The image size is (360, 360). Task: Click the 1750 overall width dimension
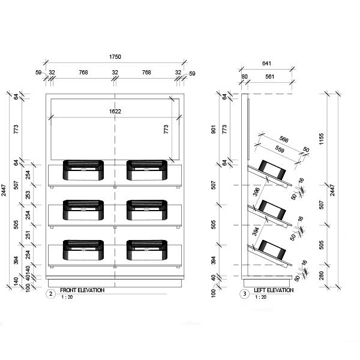(115, 57)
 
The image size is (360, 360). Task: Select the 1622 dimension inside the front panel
(115, 112)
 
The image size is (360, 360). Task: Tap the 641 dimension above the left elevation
(266, 64)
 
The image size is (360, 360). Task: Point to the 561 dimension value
(270, 76)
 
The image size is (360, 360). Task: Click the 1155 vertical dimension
(322, 139)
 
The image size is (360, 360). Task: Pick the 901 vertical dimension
(214, 129)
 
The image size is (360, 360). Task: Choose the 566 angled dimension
(284, 139)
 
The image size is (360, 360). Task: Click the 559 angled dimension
(280, 149)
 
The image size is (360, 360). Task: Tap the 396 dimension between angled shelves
(256, 192)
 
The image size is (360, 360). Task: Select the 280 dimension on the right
(322, 275)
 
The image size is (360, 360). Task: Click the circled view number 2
(51, 294)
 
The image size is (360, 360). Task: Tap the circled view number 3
(245, 294)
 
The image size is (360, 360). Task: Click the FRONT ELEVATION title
(82, 290)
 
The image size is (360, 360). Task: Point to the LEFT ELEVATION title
(274, 290)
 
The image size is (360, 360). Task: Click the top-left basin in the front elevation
(83, 170)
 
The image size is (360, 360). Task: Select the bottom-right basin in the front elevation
(147, 250)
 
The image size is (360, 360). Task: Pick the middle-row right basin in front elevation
(147, 210)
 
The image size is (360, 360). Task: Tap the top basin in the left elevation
(272, 170)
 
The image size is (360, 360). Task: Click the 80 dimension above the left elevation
(245, 76)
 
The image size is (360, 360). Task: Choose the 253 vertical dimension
(28, 195)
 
